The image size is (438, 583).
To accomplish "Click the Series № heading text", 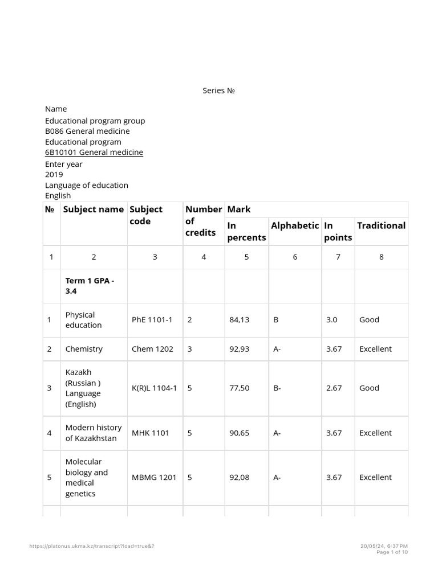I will point(219,91).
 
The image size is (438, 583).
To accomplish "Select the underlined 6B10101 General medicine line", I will point(94,152).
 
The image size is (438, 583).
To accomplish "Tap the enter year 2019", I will point(54,174).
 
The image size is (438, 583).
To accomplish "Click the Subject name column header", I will point(93,209).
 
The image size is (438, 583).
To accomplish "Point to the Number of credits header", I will point(203,221).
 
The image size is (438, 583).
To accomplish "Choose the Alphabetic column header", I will point(295,225).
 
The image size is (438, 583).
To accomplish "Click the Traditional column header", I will point(381,225).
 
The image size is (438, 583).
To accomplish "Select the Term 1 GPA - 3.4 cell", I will point(90,286).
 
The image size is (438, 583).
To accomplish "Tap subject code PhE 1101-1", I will point(152,320).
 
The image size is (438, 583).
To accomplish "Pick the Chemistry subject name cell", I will point(84,349).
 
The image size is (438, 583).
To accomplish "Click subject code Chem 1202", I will point(152,349).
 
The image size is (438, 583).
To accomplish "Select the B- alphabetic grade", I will point(277,388).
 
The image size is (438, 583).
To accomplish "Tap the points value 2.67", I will point(334,388).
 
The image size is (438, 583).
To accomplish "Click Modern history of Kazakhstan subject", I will point(93,433).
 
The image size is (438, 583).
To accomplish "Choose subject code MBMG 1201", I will point(153,477).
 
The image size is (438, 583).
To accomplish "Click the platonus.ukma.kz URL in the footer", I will point(92,546).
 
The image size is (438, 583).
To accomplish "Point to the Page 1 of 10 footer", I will point(392,552).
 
